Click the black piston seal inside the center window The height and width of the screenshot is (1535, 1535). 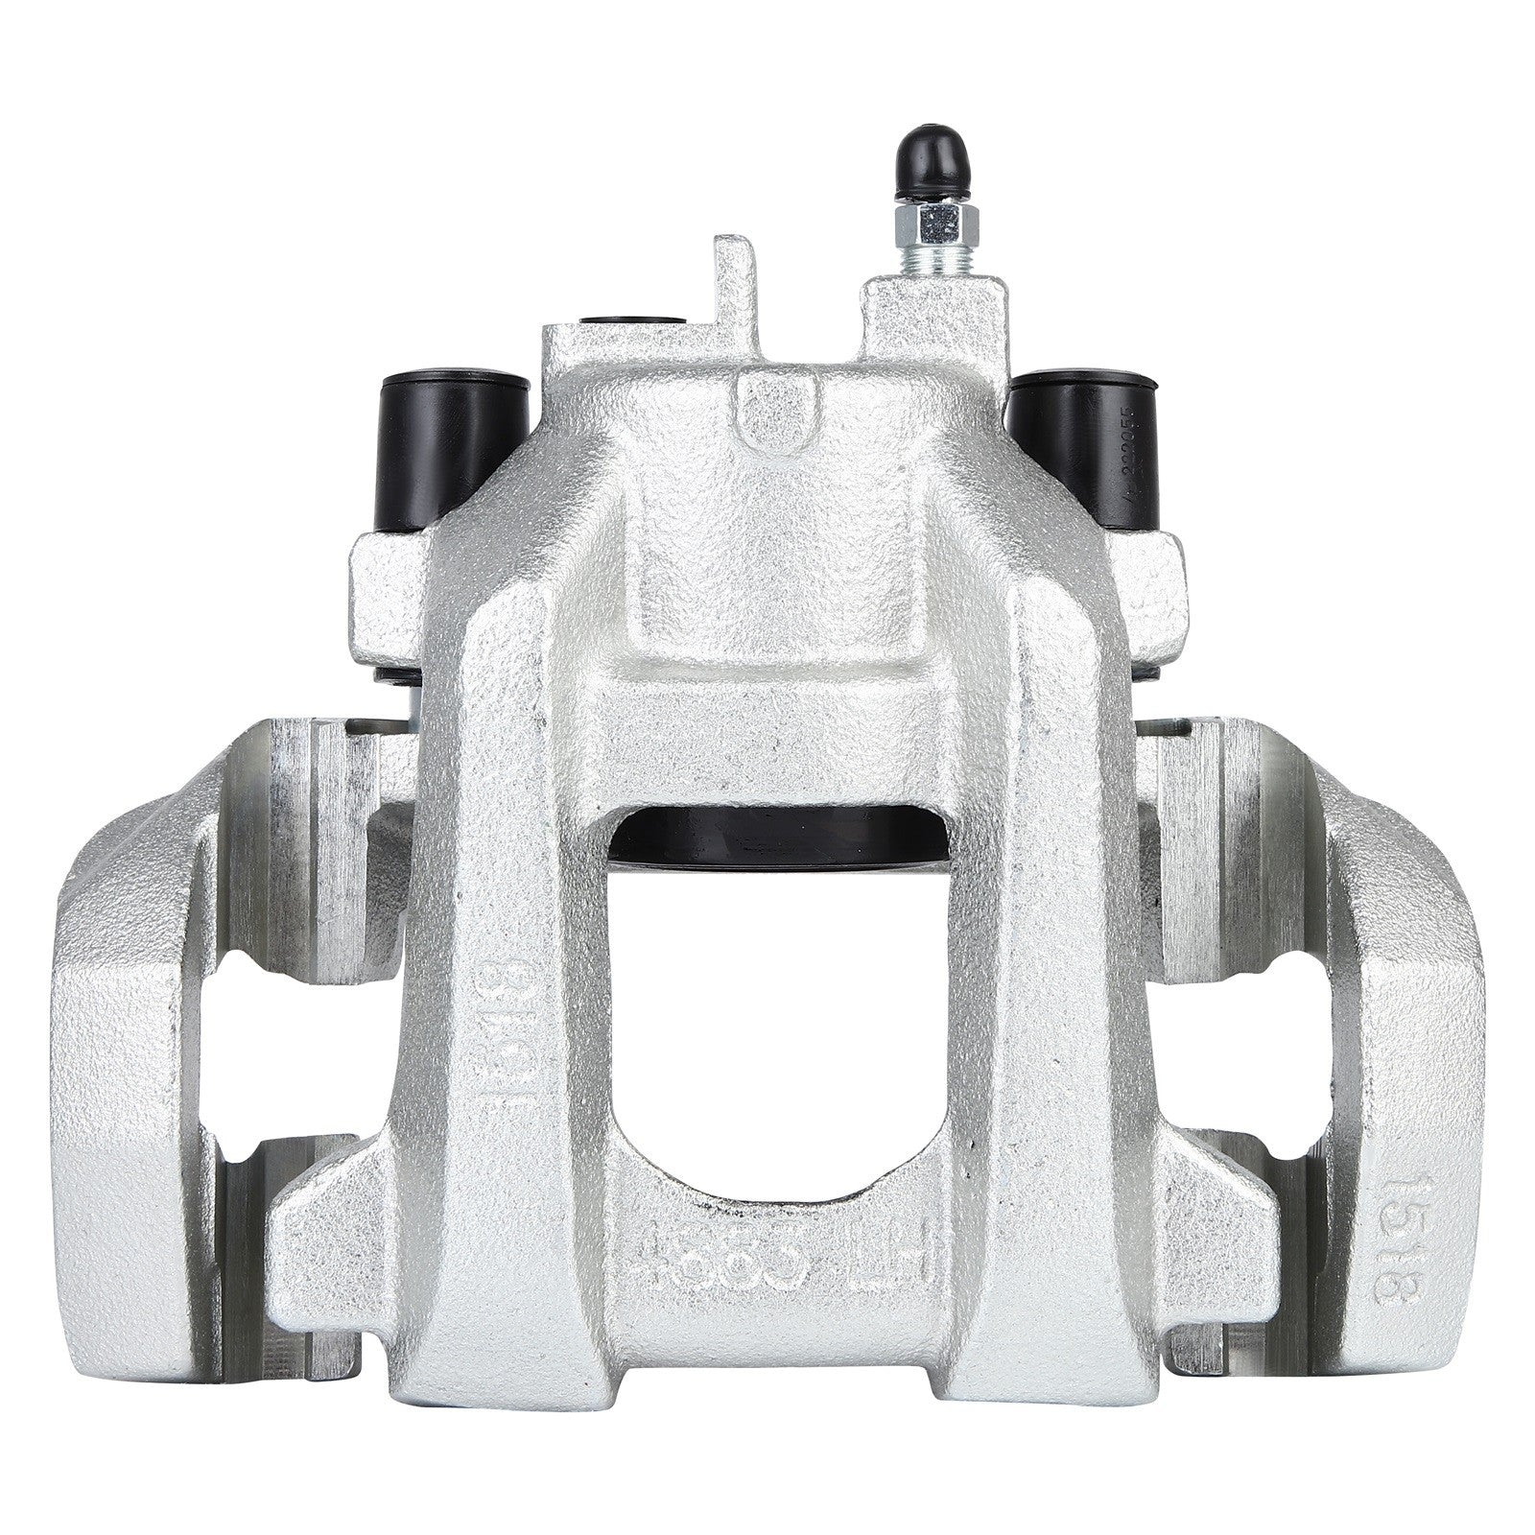click(776, 834)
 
